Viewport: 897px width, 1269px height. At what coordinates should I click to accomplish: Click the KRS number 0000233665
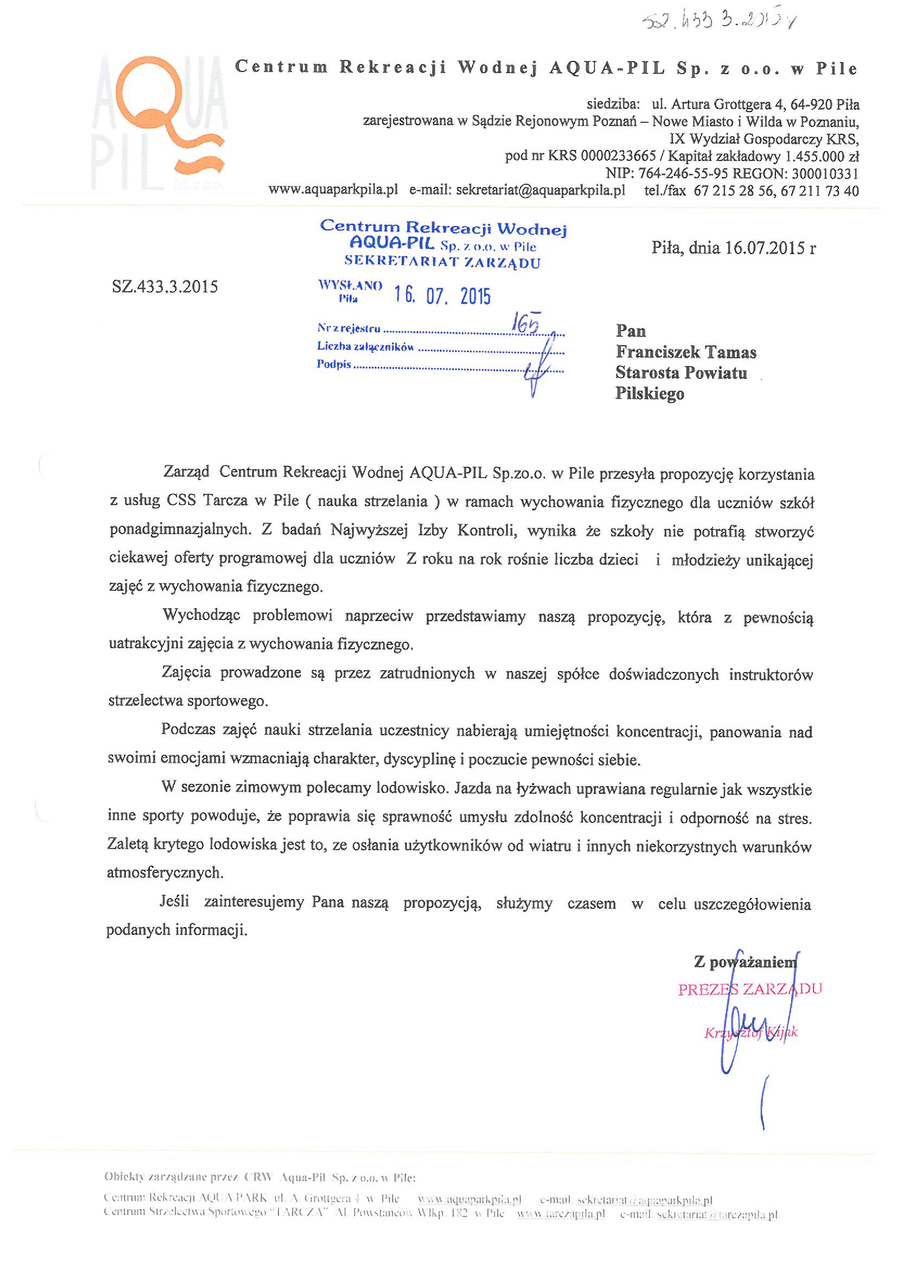coord(618,156)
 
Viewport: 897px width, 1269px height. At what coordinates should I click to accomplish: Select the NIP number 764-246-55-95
coord(683,174)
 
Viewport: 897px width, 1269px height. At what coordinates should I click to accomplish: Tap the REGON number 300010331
coord(825,174)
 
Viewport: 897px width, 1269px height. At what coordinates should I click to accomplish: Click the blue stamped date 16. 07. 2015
coord(442,296)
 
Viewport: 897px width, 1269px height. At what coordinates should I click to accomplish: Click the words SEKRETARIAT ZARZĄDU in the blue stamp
coord(442,263)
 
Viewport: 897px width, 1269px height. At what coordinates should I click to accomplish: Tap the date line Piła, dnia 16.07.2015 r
coord(734,248)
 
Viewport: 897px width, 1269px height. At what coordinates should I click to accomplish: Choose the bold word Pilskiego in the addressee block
coord(650,394)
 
